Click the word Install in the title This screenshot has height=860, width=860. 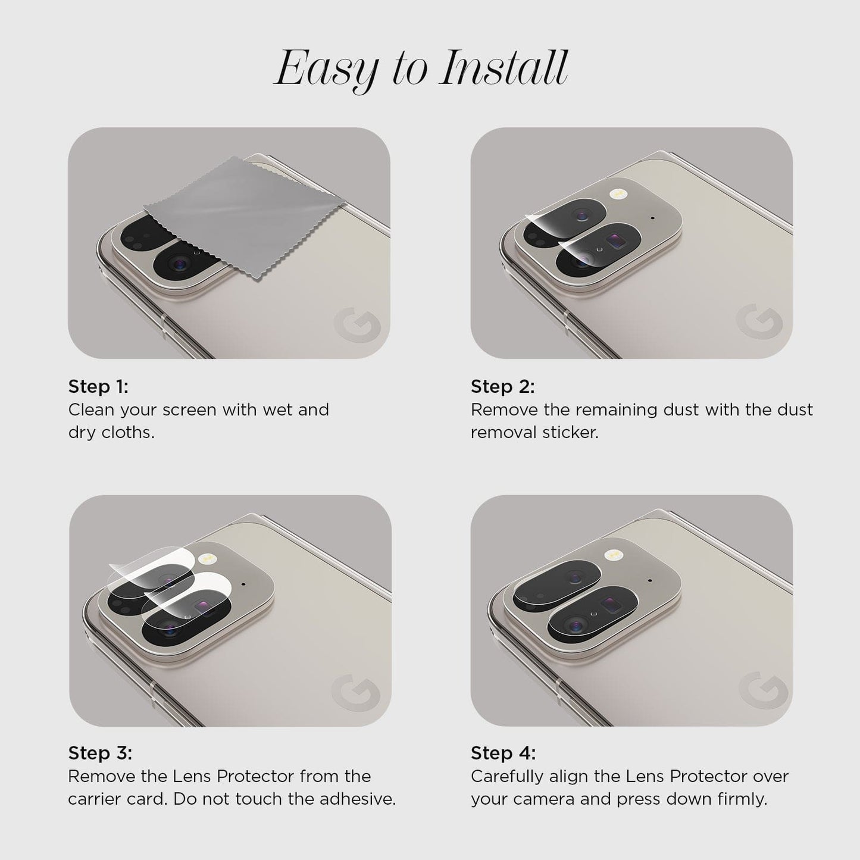(504, 68)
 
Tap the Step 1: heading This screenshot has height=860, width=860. (98, 386)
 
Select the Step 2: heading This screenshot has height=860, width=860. (502, 386)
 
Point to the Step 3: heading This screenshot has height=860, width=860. (100, 753)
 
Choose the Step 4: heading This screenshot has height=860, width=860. (503, 753)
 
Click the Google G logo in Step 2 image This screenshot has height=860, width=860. (759, 322)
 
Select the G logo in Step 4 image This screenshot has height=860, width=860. (763, 690)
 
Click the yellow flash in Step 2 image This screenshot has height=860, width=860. (618, 193)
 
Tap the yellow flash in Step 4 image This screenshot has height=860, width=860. (614, 555)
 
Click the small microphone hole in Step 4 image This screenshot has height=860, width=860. (649, 581)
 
